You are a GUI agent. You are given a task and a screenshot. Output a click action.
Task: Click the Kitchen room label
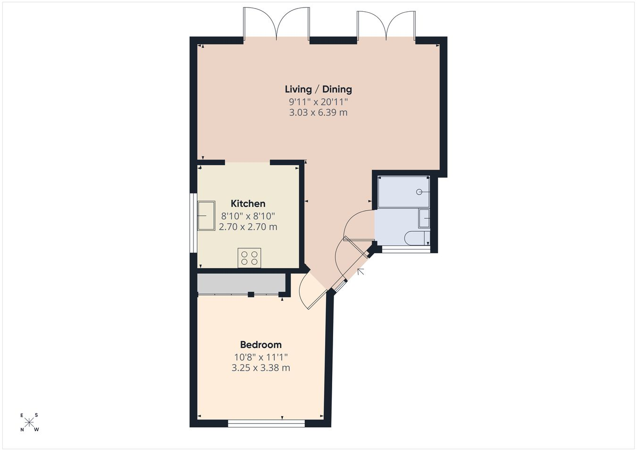click(248, 204)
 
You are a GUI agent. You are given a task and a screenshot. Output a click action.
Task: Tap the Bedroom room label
click(261, 345)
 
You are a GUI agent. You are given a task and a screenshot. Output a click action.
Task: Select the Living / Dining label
click(318, 89)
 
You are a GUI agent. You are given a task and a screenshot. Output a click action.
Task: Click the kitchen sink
click(206, 216)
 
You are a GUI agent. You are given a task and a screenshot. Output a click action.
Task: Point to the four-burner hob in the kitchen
click(250, 258)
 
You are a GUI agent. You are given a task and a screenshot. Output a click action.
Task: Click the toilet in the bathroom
click(417, 238)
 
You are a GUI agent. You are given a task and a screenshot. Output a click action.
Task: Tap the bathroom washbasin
click(424, 218)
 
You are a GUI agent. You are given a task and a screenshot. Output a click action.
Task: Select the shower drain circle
click(419, 192)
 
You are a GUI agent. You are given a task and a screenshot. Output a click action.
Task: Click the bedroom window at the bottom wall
click(266, 424)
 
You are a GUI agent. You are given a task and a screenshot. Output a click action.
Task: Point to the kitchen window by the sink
click(193, 223)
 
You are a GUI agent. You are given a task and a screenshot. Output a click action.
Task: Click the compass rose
click(29, 423)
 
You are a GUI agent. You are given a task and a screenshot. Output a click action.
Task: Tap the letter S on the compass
click(36, 415)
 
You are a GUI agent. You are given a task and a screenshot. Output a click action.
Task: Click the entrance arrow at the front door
click(360, 272)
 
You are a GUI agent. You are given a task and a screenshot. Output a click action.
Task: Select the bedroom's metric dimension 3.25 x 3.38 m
click(261, 368)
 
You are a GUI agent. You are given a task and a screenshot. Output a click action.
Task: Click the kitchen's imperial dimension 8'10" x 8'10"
click(248, 216)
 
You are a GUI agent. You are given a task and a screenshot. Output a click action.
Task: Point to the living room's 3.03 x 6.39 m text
click(318, 113)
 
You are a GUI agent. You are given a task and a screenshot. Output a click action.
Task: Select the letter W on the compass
click(37, 430)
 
